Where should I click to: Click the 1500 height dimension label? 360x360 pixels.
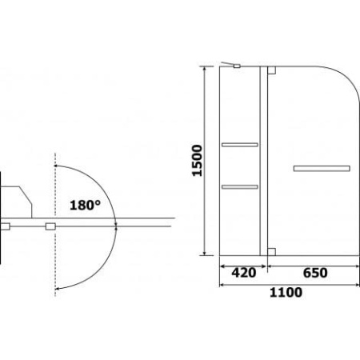pyautogui.click(x=197, y=161)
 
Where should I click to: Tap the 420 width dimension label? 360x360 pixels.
pyautogui.click(x=244, y=273)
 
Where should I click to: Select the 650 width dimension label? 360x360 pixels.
pyautogui.click(x=315, y=273)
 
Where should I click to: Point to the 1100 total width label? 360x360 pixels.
pyautogui.click(x=286, y=292)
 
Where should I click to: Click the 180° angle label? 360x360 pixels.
pyautogui.click(x=85, y=205)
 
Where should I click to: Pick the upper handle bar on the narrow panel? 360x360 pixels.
pyautogui.click(x=240, y=145)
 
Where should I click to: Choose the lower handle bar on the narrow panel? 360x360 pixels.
pyautogui.click(x=240, y=187)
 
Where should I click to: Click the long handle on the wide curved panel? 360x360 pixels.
pyautogui.click(x=322, y=169)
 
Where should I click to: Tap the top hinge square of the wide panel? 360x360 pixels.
pyautogui.click(x=271, y=70)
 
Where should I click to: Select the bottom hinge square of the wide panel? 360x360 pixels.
pyautogui.click(x=271, y=252)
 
